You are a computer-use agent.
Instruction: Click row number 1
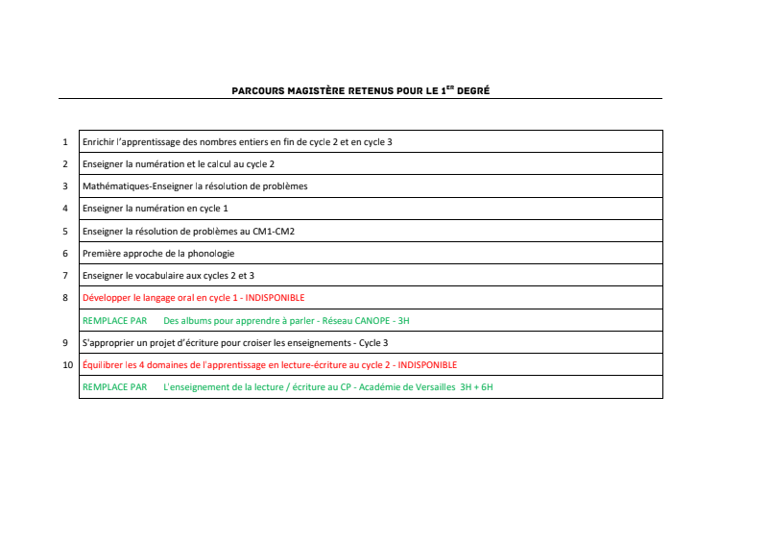pos(65,142)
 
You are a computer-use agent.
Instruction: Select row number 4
pos(65,209)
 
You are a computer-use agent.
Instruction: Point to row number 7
pos(65,276)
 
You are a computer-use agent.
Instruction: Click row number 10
pos(67,365)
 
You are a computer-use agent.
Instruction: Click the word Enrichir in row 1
pos(99,142)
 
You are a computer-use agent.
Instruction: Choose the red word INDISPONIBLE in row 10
pos(427,365)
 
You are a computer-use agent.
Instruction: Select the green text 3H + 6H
pos(475,387)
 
